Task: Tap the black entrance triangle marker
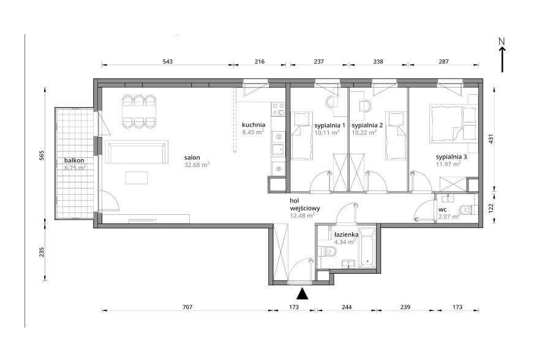pos(303,294)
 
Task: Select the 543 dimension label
pos(168,61)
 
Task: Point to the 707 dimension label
pos(187,307)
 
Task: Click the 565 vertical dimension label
pos(41,156)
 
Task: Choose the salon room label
pos(192,157)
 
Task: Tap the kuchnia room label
pos(254,125)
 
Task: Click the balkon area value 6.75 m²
pos(75,168)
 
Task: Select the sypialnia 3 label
pos(451,157)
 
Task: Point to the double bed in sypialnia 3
pos(453,124)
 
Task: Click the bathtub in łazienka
pos(367,248)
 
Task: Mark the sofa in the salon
pos(137,152)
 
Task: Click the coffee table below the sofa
pos(137,178)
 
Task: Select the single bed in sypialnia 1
pos(302,136)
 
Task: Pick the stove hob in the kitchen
pos(278,109)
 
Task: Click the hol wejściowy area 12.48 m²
pos(303,215)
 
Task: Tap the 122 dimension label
pos(491,208)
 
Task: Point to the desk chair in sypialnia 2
pos(366,105)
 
